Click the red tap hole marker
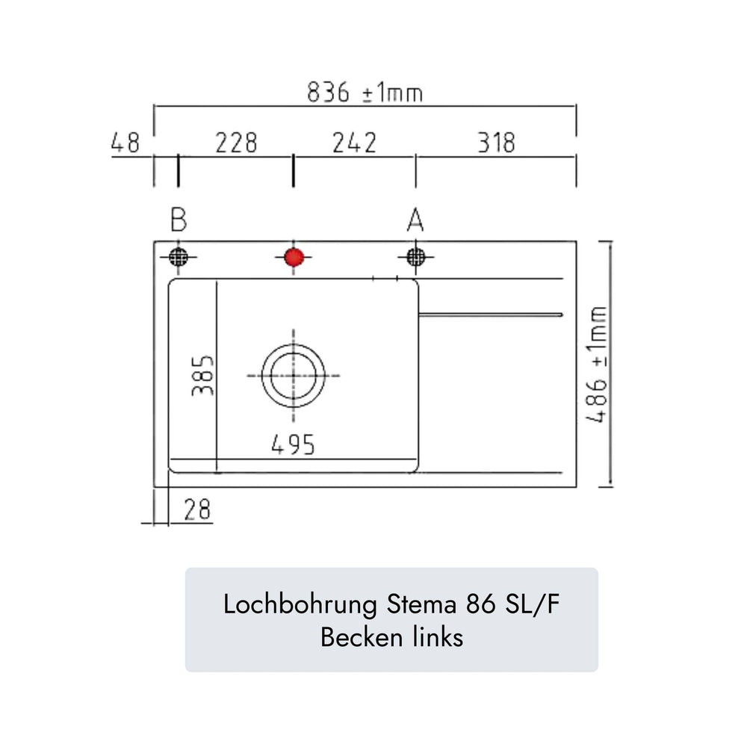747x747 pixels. tap(294, 257)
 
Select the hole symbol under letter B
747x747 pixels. tap(179, 257)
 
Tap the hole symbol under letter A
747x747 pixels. tap(416, 257)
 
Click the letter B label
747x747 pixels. tap(179, 220)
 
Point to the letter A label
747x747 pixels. tap(415, 220)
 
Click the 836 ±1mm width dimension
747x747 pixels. tap(365, 93)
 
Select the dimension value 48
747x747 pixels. tap(125, 143)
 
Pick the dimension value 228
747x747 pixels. tap(236, 143)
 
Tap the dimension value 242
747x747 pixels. tap(354, 143)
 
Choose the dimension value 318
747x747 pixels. tap(497, 143)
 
